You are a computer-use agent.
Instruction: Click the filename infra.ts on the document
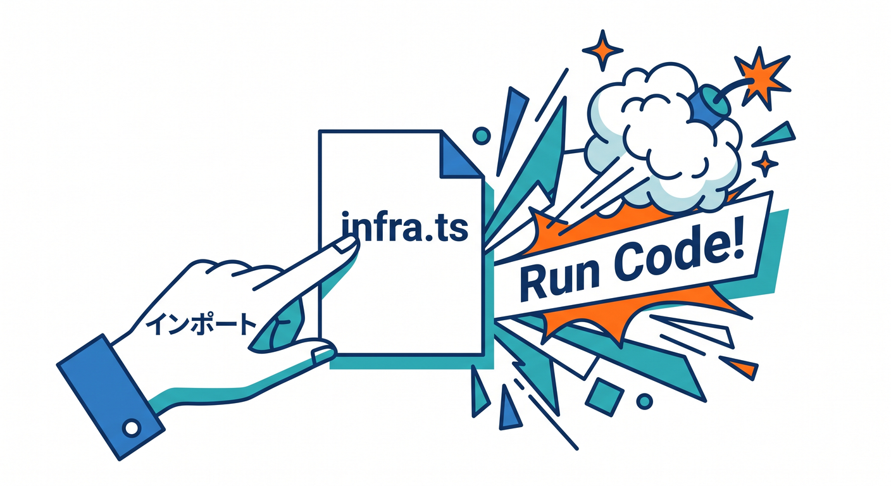click(405, 228)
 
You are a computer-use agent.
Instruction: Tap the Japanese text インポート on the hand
click(201, 325)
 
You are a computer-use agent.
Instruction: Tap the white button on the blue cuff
click(131, 428)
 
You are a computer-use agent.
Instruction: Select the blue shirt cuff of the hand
click(111, 397)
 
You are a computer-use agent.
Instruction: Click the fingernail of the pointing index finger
click(345, 244)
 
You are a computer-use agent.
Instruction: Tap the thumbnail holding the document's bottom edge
click(323, 354)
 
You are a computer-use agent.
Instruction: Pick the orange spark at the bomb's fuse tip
click(761, 78)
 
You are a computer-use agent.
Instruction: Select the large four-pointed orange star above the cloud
click(602, 50)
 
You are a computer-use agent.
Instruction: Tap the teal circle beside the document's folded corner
click(482, 135)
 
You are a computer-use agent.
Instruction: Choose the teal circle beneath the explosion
click(644, 401)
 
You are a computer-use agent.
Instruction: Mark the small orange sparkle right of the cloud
click(764, 163)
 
